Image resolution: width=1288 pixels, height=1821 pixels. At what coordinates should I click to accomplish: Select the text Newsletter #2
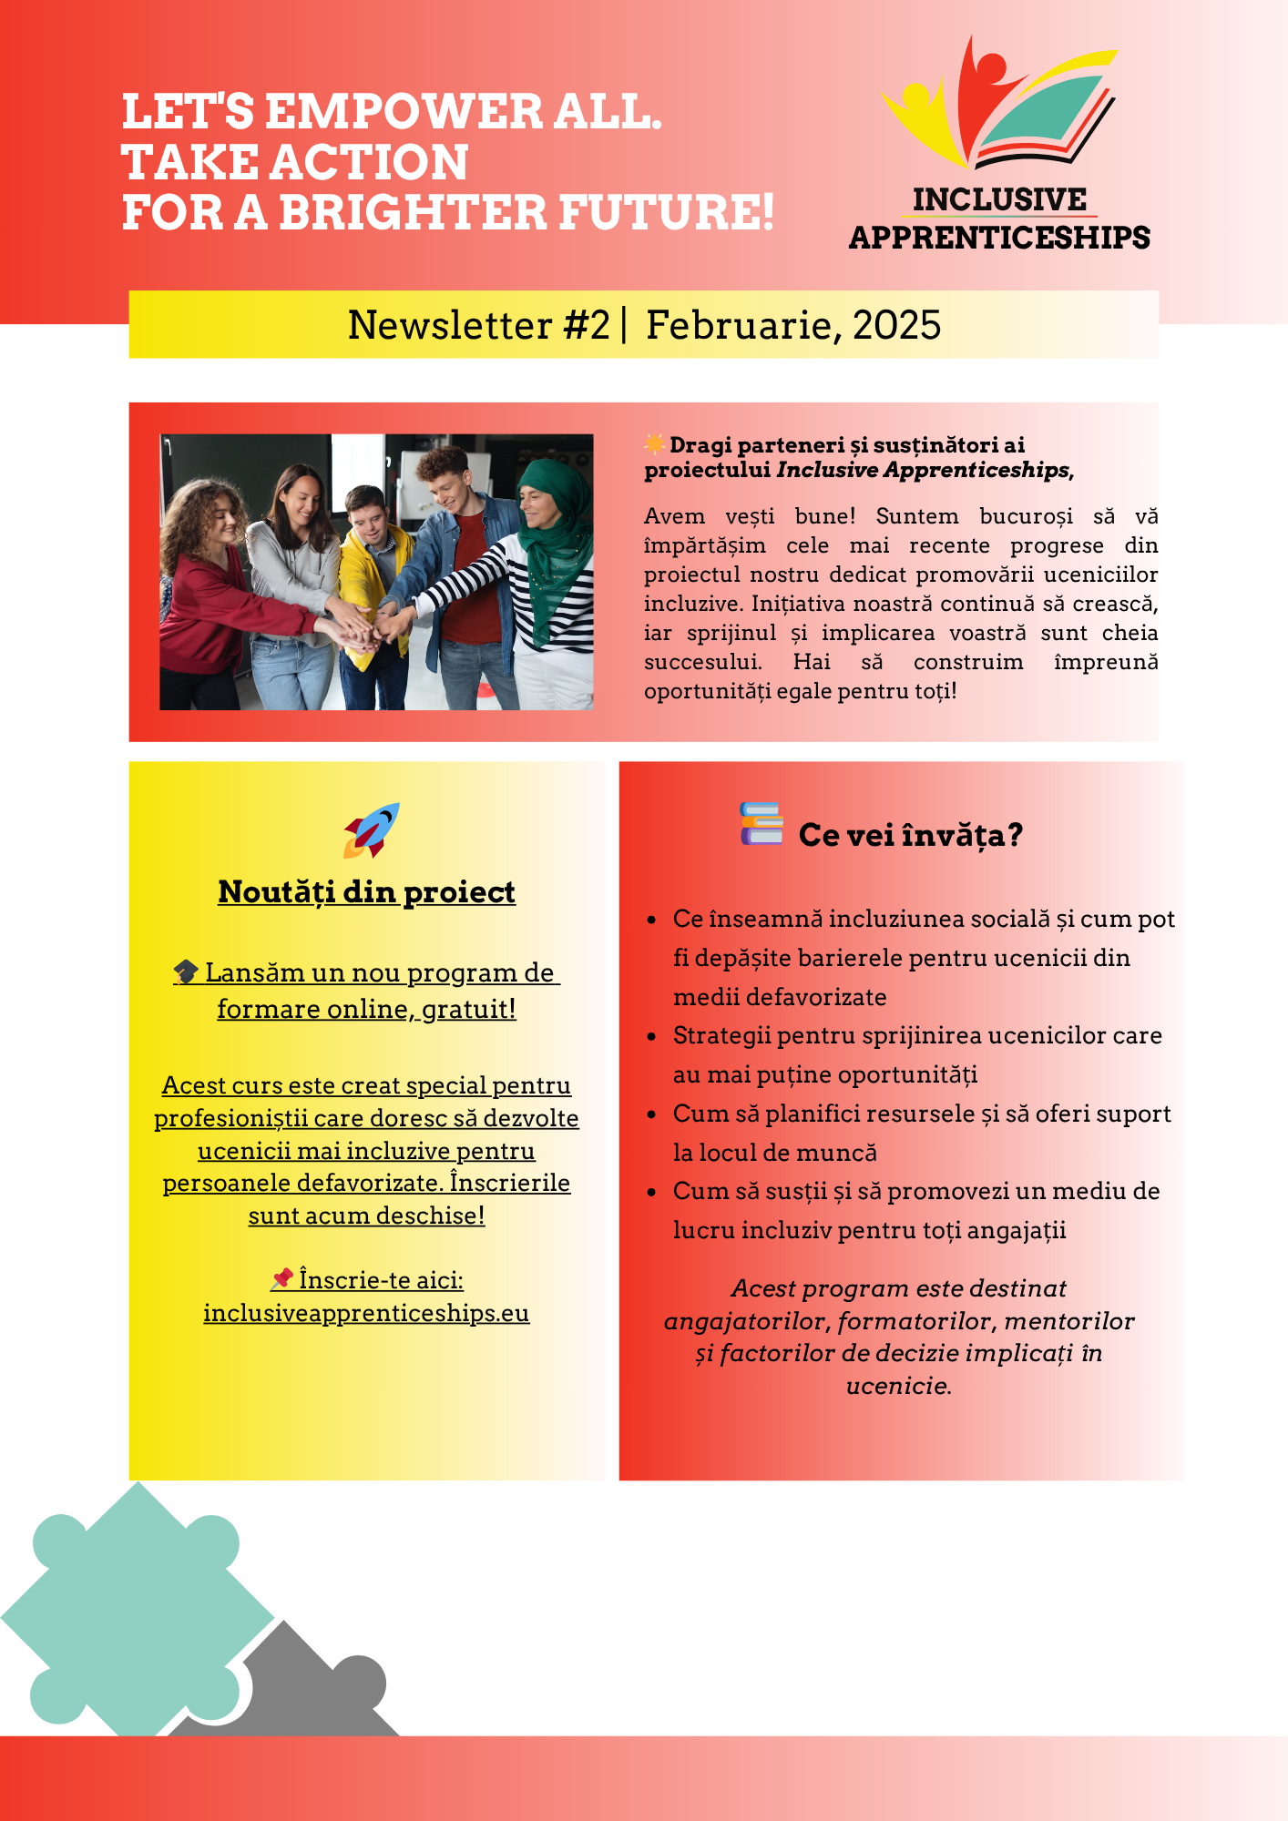[478, 325]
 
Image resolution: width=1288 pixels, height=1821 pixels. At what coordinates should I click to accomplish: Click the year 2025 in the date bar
[896, 325]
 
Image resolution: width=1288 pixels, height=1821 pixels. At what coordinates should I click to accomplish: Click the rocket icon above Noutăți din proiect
[372, 829]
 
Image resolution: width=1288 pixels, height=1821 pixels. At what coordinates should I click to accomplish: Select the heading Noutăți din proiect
[366, 892]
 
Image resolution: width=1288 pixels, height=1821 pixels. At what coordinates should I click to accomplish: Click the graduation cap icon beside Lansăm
[186, 972]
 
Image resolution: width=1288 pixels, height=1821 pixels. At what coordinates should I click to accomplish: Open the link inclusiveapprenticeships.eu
[366, 1313]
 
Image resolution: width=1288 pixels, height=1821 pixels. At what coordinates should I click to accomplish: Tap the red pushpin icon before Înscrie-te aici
[282, 1279]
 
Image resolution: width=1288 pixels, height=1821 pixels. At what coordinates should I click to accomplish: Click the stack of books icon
[762, 824]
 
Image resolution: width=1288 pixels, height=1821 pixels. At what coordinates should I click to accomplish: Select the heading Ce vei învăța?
[910, 835]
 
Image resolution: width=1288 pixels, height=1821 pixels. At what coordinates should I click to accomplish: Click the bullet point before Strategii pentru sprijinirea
[651, 1036]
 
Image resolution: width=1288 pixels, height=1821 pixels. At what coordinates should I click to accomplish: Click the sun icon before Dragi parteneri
[654, 444]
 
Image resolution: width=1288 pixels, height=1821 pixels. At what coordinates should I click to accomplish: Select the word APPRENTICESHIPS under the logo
[999, 238]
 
